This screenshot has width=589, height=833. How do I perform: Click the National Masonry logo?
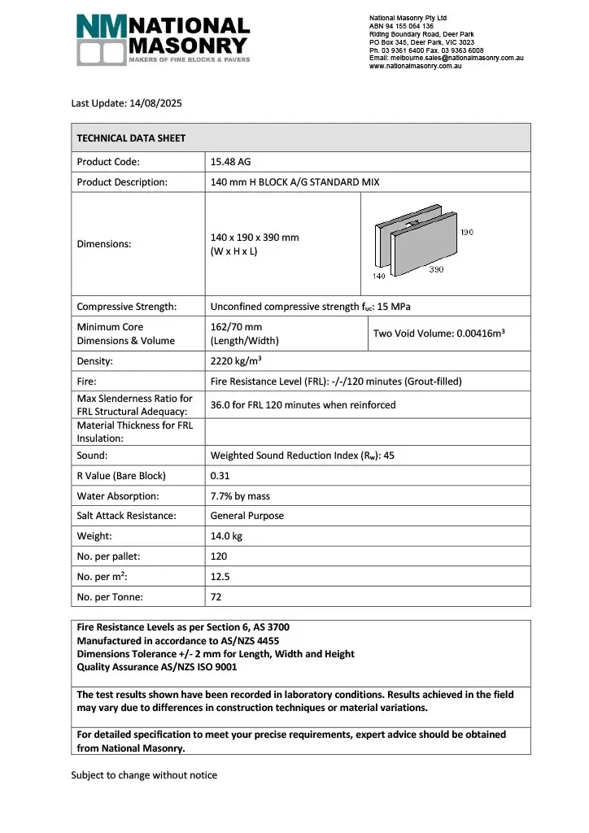[x=163, y=39]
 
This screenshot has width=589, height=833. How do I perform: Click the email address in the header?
[x=446, y=58]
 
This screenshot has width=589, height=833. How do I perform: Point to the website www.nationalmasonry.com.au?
[x=416, y=66]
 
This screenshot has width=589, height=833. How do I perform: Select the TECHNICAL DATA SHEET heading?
[x=131, y=138]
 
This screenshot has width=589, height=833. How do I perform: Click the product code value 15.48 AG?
[x=231, y=161]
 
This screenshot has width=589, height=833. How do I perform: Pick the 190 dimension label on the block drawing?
[x=467, y=232]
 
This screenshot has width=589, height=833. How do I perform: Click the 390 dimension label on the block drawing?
[x=437, y=269]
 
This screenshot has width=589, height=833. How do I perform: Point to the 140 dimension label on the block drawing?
[x=379, y=277]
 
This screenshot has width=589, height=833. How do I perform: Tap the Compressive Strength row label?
[x=126, y=307]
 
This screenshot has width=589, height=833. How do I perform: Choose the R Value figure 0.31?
[x=220, y=475]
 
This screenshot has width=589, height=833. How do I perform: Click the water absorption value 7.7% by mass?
[x=241, y=495]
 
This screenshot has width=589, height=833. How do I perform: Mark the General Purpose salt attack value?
[x=247, y=516]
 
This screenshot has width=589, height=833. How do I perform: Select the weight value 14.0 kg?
[x=227, y=536]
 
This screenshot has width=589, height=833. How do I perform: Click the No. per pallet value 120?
[x=219, y=556]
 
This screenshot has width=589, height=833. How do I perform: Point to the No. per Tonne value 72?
[x=216, y=596]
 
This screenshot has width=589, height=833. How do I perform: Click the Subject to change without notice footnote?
[x=144, y=775]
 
